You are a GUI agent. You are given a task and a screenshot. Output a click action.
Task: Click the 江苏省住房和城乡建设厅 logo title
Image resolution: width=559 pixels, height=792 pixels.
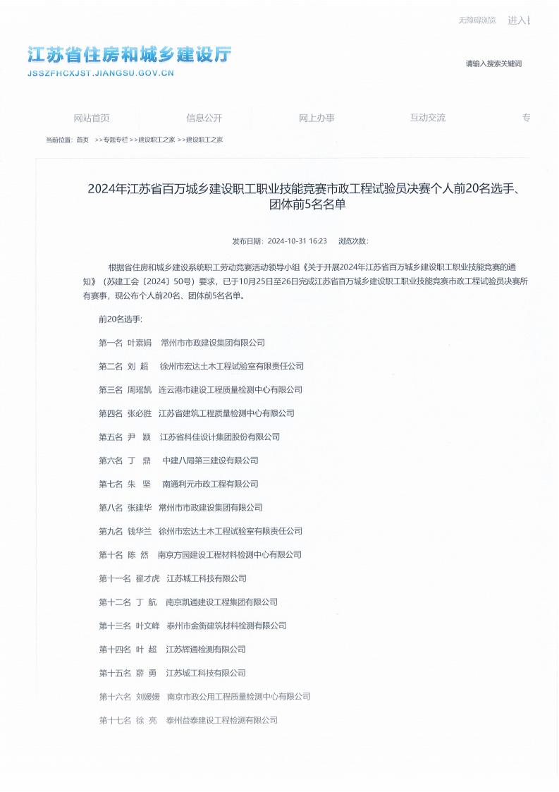pyautogui.click(x=129, y=55)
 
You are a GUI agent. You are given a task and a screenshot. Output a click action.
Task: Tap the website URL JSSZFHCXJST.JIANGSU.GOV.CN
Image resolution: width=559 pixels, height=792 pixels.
pyautogui.click(x=100, y=73)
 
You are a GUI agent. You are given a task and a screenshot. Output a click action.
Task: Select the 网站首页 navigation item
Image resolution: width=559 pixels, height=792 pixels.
pyautogui.click(x=92, y=118)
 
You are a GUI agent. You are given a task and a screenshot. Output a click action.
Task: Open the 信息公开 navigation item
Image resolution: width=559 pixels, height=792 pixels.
pyautogui.click(x=204, y=118)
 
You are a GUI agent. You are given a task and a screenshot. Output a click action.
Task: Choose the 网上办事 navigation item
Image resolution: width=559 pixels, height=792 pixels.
pyautogui.click(x=317, y=118)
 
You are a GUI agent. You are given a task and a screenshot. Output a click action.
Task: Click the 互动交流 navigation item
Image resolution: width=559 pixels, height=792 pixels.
pyautogui.click(x=428, y=118)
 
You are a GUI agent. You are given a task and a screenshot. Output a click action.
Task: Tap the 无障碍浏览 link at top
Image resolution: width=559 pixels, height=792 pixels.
pyautogui.click(x=477, y=20)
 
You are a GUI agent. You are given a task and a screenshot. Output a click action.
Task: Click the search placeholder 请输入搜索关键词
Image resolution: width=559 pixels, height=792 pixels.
pyautogui.click(x=493, y=63)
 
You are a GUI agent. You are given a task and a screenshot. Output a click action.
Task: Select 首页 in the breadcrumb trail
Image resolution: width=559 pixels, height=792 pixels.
pyautogui.click(x=83, y=140)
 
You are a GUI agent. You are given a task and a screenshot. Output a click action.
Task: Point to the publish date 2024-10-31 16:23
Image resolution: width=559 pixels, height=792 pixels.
pyautogui.click(x=297, y=241)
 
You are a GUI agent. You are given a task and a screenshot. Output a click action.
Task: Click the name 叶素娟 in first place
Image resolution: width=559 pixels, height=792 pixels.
pyautogui.click(x=139, y=343)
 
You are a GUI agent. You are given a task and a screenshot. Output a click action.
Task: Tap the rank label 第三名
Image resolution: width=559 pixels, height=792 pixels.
pyautogui.click(x=111, y=390)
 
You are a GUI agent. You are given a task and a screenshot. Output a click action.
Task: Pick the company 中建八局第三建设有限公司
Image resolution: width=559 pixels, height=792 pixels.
pyautogui.click(x=210, y=461)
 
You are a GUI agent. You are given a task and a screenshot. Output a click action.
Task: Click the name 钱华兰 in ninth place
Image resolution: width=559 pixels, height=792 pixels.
pyautogui.click(x=139, y=531)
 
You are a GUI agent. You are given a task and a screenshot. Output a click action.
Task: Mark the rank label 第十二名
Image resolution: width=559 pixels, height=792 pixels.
pyautogui.click(x=115, y=602)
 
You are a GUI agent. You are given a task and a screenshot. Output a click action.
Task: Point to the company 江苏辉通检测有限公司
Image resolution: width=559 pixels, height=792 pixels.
pyautogui.click(x=205, y=650)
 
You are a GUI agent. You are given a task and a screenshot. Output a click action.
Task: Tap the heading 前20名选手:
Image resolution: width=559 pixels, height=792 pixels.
pyautogui.click(x=120, y=319)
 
